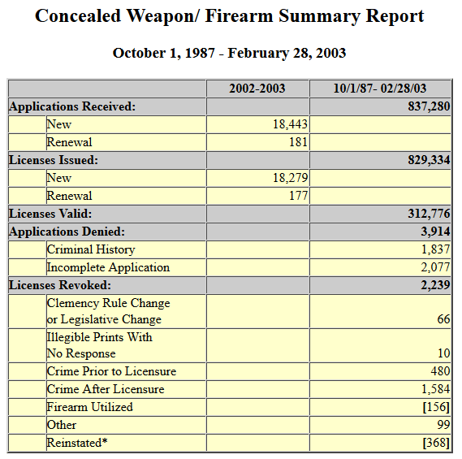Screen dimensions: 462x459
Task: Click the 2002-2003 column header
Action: [257, 89]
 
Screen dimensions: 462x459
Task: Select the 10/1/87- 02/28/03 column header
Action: [380, 89]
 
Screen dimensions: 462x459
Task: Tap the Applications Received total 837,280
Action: [429, 106]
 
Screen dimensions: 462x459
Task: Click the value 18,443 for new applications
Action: [290, 124]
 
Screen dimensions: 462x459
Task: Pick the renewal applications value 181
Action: [298, 142]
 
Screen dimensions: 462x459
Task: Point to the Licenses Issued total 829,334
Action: [429, 160]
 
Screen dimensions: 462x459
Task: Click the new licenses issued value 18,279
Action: [290, 178]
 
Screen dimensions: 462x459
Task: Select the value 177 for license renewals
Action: [298, 196]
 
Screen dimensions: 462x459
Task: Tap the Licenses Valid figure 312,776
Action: [429, 214]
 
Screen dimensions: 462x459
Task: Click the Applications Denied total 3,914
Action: [435, 232]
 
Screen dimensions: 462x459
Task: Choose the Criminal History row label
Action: [91, 249]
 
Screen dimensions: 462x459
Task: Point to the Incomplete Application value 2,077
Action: [435, 267]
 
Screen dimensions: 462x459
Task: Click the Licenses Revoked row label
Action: [60, 285]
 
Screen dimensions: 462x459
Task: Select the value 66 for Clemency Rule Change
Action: [444, 319]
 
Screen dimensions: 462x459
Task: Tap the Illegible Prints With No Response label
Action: [99, 345]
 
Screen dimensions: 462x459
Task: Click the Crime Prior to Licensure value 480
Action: [441, 371]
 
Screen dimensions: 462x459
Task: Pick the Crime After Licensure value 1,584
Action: [436, 389]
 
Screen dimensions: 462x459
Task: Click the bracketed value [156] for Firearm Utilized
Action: [436, 407]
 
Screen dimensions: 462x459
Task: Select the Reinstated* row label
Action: [77, 443]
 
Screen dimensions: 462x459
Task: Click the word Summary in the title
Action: [319, 16]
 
